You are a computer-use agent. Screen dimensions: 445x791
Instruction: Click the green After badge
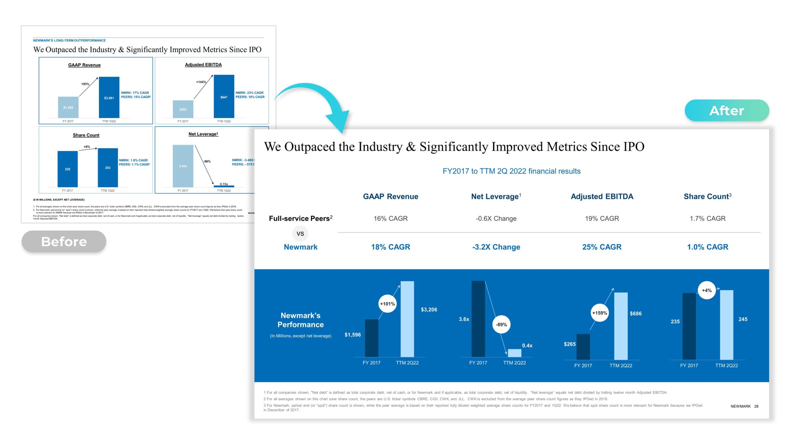[x=726, y=110]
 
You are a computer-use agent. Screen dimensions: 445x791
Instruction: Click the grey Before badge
[x=64, y=241]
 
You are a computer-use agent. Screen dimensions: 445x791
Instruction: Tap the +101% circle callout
[x=387, y=304]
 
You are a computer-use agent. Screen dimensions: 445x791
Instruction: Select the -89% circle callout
[x=501, y=324]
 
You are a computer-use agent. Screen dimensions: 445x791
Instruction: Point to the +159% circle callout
[x=599, y=313]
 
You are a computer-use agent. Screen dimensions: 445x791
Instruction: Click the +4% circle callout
[x=707, y=290]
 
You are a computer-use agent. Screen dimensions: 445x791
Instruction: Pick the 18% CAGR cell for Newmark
[x=391, y=247]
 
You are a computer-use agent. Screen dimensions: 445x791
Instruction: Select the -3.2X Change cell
[x=496, y=247]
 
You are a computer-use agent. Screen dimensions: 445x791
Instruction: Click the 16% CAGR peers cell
[x=391, y=218]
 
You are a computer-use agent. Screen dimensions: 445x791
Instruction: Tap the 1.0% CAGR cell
[x=708, y=247]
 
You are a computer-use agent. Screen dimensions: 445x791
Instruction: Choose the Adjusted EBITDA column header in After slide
[x=602, y=197]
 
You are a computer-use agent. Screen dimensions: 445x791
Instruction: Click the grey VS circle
[x=300, y=234]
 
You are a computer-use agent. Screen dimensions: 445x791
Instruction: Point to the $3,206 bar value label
[x=429, y=310]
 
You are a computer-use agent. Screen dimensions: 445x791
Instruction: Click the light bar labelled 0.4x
[x=514, y=353]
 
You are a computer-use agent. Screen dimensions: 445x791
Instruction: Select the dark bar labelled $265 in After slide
[x=583, y=347]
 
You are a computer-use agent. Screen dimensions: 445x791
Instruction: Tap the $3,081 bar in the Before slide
[x=109, y=97]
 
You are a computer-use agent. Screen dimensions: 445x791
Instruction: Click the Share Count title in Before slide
[x=86, y=135]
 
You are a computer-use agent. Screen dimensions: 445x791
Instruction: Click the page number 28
[x=756, y=406]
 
